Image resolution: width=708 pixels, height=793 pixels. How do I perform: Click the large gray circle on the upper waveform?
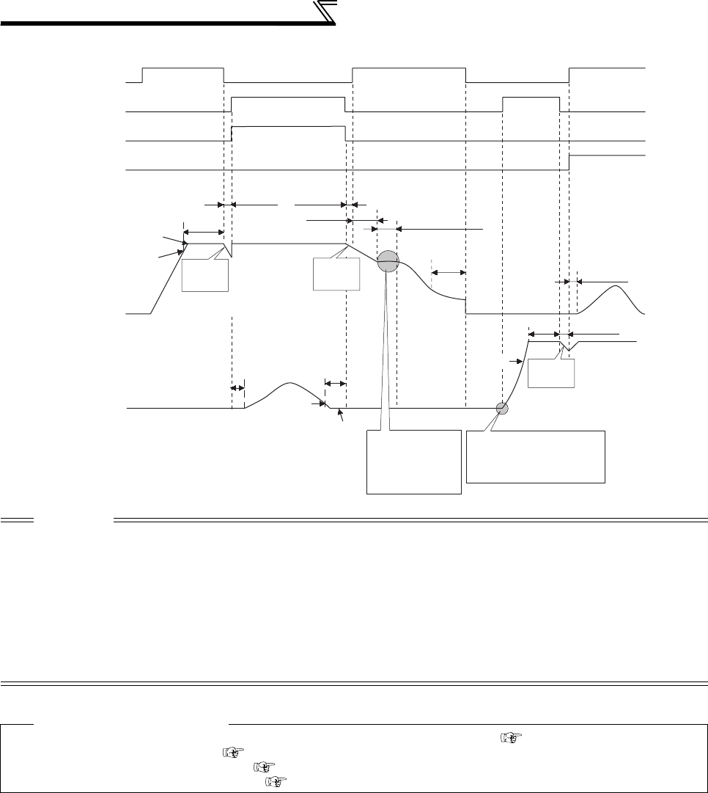pos(387,261)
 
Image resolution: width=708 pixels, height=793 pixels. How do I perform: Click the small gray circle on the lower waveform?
pos(502,409)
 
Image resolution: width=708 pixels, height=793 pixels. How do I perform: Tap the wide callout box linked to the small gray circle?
pos(536,456)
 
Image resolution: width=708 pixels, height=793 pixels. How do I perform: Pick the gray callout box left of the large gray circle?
pos(336,275)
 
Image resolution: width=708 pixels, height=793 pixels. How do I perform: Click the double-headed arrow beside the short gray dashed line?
pos(449,273)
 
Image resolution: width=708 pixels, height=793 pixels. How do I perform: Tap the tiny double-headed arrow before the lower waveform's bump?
pos(237,387)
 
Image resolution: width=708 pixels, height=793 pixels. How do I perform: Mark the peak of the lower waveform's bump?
pos(290,383)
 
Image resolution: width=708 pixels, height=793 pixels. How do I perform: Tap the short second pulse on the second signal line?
pos(531,97)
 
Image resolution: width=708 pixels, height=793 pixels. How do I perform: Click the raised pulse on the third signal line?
pos(288,127)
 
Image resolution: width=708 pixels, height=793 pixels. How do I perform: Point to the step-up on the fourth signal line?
pos(569,162)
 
